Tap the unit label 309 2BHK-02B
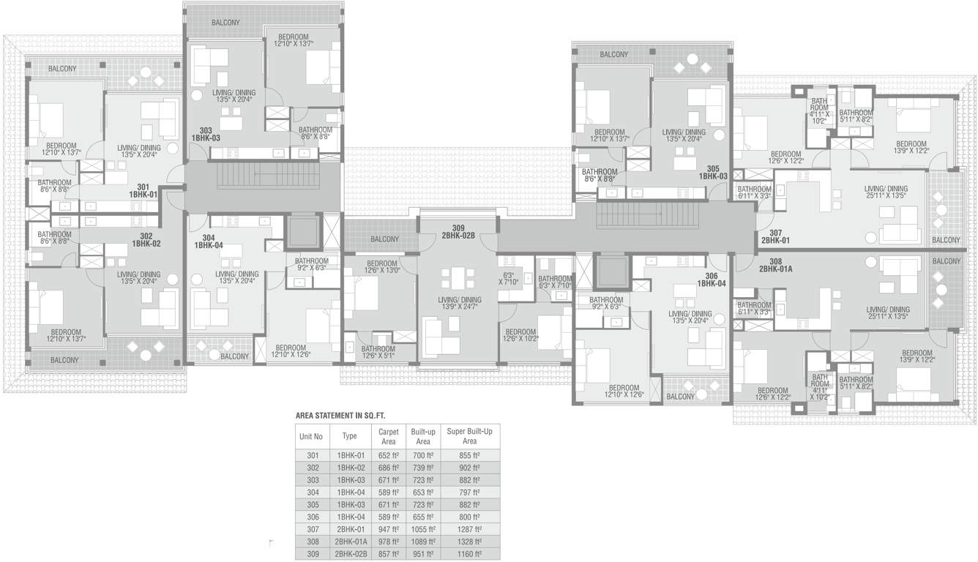[x=458, y=232]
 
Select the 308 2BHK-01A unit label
[x=775, y=265]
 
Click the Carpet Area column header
[x=388, y=437]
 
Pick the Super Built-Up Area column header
[x=469, y=437]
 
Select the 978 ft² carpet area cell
[x=388, y=542]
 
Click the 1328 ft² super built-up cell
[x=469, y=542]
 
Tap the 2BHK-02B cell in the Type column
[x=349, y=555]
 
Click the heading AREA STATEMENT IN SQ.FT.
[x=340, y=416]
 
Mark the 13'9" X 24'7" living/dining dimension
[x=460, y=304]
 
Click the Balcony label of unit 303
[x=225, y=23]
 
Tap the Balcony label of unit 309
[x=384, y=239]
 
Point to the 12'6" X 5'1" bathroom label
[x=378, y=353]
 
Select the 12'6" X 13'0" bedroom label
[x=381, y=267]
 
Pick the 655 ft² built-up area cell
[x=422, y=517]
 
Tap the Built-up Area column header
[x=422, y=437]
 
